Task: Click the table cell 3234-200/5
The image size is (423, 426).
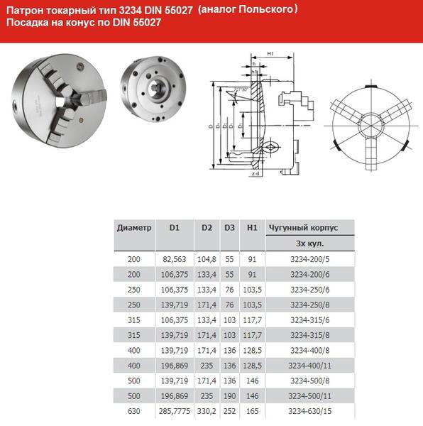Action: point(310,259)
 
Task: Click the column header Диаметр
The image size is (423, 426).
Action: point(134,228)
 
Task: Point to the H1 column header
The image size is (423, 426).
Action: point(251,228)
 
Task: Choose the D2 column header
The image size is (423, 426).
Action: point(207,228)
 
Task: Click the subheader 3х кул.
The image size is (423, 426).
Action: point(310,244)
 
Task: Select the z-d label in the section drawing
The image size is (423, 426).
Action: point(257,173)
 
